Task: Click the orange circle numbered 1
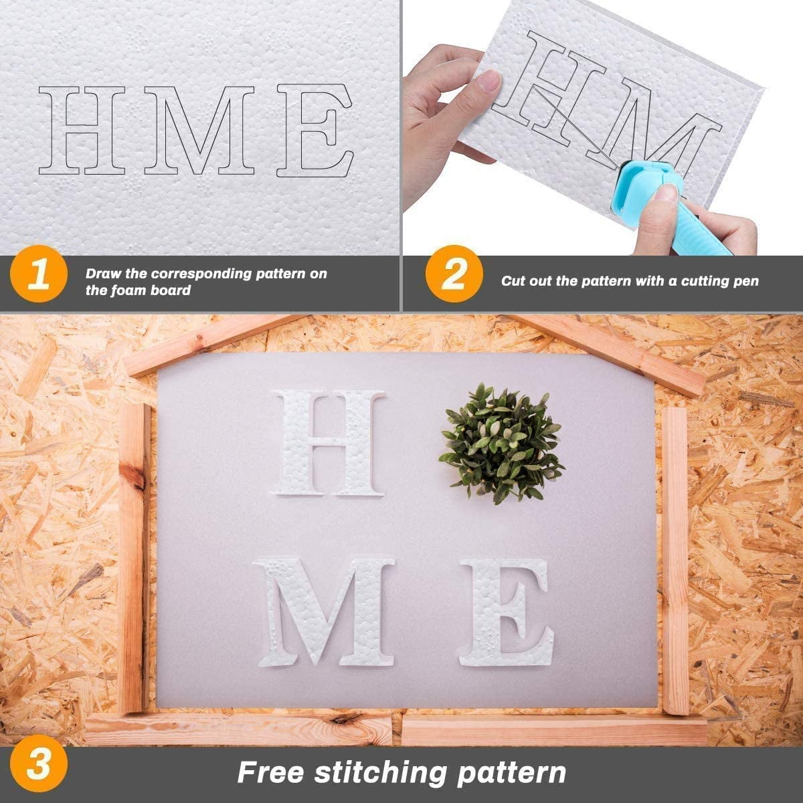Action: tap(38, 274)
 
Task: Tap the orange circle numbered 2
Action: tap(454, 274)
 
